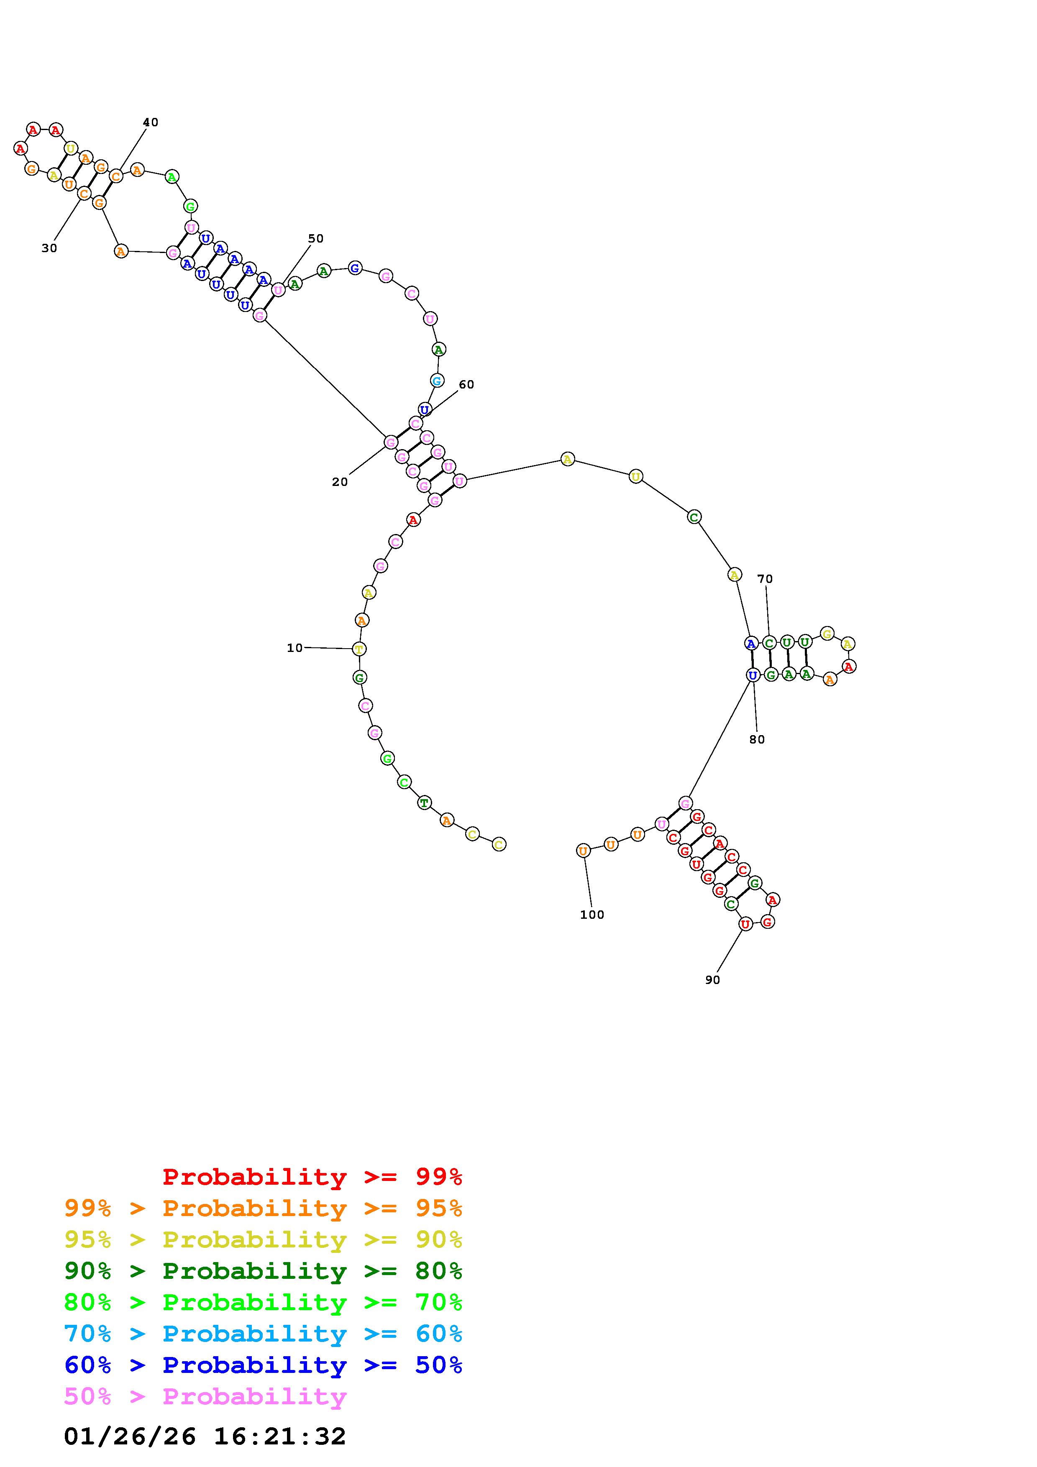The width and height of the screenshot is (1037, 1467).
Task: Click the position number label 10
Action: (x=294, y=648)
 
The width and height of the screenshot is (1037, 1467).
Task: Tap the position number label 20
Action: (x=340, y=482)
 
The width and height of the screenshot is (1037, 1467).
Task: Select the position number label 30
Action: (x=49, y=248)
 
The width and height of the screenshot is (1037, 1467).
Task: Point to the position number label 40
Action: (x=150, y=122)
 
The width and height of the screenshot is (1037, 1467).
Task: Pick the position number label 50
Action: (x=316, y=238)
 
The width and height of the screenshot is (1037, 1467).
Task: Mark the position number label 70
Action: (x=765, y=579)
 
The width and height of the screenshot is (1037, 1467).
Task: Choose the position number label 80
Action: (x=757, y=739)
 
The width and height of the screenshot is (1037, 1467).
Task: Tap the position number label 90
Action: (x=712, y=979)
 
